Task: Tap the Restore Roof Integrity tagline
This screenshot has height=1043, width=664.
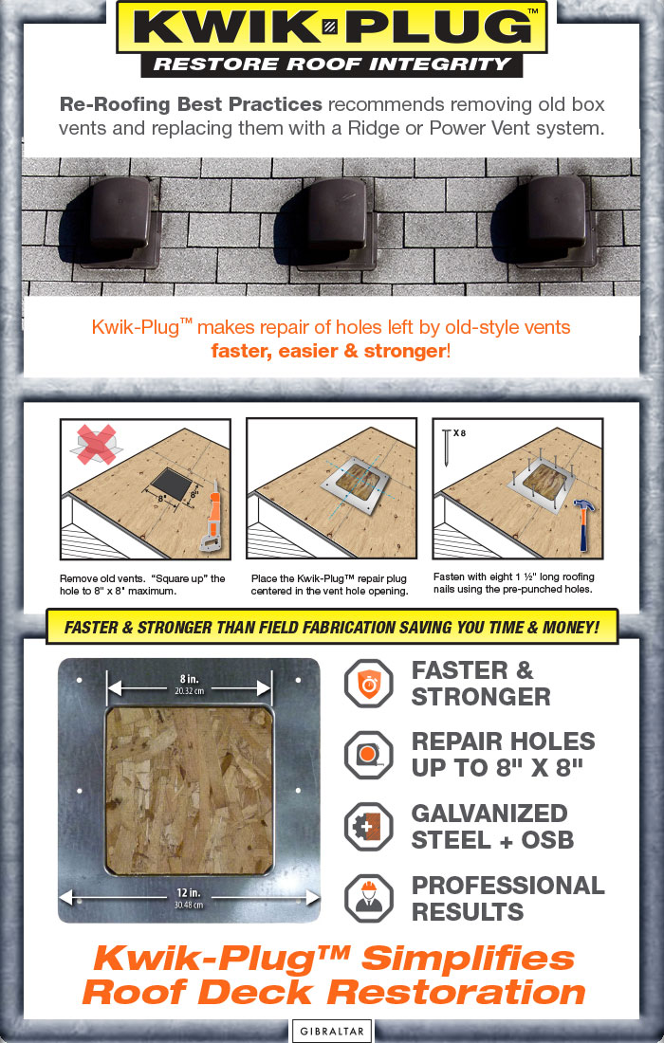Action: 331,64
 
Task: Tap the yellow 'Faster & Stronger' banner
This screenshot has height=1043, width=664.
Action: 331,627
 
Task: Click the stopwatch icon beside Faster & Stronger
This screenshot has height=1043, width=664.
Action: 367,683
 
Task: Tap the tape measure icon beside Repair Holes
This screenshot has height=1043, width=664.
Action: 367,755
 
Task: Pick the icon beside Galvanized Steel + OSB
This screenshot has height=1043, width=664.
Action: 367,826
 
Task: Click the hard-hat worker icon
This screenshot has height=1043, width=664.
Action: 367,898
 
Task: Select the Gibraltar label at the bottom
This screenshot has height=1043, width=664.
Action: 331,1031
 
